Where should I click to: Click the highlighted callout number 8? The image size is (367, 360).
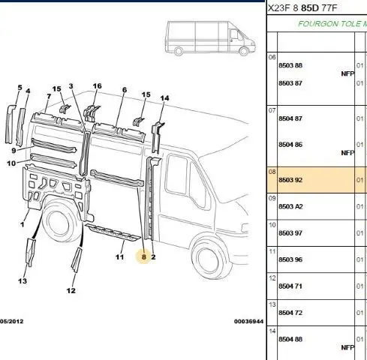click(144, 256)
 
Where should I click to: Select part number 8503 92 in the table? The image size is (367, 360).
click(290, 180)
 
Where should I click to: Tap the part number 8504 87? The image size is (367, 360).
click(290, 118)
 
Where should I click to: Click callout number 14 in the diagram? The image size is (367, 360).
click(164, 98)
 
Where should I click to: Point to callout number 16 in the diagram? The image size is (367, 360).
click(97, 86)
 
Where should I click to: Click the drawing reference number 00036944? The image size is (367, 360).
click(248, 321)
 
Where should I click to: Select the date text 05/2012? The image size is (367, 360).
click(11, 321)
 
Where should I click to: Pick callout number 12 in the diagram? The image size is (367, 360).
click(71, 290)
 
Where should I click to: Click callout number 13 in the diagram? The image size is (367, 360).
click(23, 281)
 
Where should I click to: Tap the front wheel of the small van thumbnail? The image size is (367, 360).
click(244, 51)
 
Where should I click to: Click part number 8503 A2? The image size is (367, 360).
click(290, 206)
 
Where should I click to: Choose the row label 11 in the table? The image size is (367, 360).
click(272, 251)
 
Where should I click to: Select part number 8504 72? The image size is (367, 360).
click(290, 313)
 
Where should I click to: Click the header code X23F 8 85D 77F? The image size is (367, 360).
click(302, 8)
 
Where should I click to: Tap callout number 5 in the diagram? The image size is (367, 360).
click(20, 88)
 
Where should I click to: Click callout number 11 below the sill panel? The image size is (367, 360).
click(119, 256)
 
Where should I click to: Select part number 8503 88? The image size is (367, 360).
click(290, 65)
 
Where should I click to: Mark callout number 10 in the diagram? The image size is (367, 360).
click(11, 163)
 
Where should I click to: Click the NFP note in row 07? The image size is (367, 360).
click(347, 153)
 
